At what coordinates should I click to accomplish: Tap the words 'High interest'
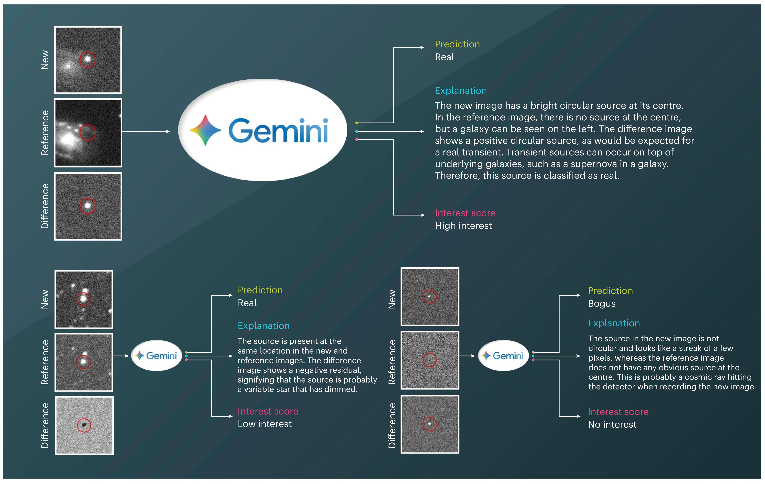pos(463,226)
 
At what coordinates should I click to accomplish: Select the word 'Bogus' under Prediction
pos(602,304)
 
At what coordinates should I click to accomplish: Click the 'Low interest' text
pos(265,424)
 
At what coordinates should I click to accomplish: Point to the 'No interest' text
pos(612,425)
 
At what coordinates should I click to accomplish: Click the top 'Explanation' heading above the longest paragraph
pos(461,91)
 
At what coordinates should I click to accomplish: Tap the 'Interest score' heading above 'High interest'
pos(465,213)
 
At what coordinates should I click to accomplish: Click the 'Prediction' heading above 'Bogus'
pos(610,291)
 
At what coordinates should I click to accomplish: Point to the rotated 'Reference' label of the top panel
pos(45,133)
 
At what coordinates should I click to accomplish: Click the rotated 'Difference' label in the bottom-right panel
pos(392,426)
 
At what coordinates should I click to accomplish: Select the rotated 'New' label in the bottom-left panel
pos(45,299)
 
